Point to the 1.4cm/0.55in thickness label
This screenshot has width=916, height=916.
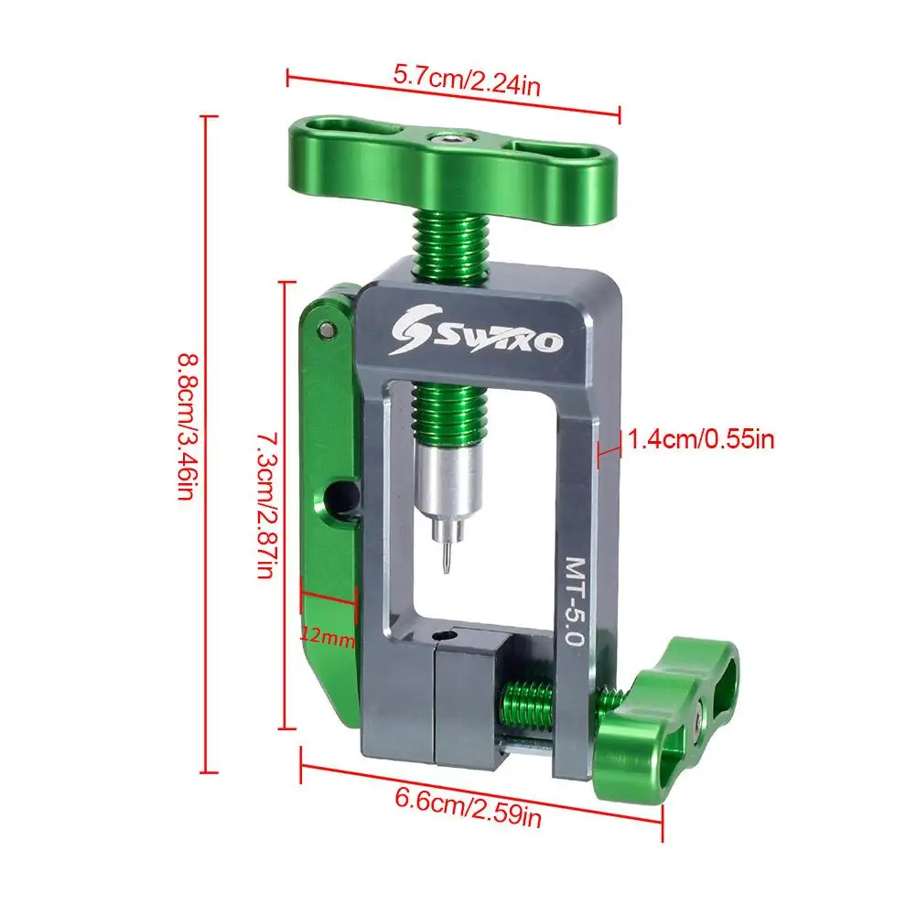tap(700, 440)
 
